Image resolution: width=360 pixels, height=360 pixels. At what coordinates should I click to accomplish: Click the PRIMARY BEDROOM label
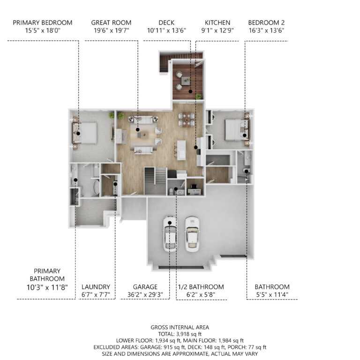coord(43,22)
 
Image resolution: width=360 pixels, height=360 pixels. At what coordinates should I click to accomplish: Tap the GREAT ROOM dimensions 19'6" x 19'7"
coord(112,30)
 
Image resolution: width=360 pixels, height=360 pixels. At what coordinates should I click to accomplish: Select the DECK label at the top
coord(166,22)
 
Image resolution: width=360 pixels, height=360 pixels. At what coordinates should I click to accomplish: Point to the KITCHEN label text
coord(217,22)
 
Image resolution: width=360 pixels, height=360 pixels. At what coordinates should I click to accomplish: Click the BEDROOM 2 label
coord(266,22)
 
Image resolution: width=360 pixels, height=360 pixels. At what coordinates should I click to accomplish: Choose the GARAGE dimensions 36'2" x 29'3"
coord(145,294)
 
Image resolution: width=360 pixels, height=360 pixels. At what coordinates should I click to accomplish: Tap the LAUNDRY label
coord(96,287)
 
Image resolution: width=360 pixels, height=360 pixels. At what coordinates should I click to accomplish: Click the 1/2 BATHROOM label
coord(201,287)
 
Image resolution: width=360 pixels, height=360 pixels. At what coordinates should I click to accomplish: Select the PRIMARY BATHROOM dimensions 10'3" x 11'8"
coord(47,287)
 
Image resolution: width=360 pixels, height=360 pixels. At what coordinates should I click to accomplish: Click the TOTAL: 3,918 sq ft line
coord(180,334)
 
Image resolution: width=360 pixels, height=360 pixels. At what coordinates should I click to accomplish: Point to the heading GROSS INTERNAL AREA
coord(180,327)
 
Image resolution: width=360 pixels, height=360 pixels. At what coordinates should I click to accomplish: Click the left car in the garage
coord(170,234)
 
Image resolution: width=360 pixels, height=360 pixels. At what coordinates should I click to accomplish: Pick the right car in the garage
coord(192,234)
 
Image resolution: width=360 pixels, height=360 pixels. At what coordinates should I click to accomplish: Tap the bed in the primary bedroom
coord(84,133)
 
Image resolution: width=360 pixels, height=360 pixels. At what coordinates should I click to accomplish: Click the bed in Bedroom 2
coord(237,129)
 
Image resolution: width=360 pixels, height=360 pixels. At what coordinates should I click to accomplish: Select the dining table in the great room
coord(187,120)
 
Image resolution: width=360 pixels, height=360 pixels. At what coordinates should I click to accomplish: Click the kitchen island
coord(181,150)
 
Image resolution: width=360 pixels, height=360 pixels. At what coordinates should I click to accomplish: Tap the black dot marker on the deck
coord(190,91)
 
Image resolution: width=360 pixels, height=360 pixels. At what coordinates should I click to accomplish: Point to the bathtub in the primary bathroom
coord(96,187)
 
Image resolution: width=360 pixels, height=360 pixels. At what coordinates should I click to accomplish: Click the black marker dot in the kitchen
coord(196,147)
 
